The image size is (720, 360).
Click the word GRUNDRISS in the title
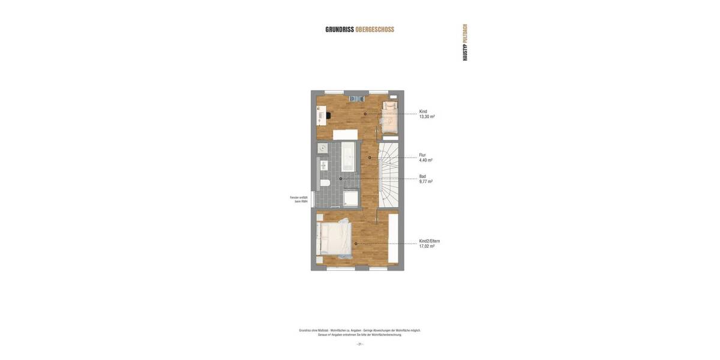tap(340, 29)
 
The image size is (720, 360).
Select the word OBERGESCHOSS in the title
tap(375, 29)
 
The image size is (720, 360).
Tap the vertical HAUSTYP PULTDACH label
tap(465, 43)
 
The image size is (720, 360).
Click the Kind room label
tap(423, 112)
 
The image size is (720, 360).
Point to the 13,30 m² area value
tap(427, 117)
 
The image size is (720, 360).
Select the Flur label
tap(422, 155)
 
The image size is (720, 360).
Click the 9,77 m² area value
tap(425, 181)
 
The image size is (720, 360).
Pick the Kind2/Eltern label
tap(429, 241)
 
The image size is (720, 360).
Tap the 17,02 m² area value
tap(427, 247)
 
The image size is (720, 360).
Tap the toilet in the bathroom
tap(324, 182)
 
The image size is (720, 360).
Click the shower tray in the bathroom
tap(350, 198)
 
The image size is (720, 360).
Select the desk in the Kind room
tap(321, 115)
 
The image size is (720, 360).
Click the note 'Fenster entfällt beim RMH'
tap(299, 199)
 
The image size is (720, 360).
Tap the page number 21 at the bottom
tap(360, 344)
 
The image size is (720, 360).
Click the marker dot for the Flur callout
tap(370, 158)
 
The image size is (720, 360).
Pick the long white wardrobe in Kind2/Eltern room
tap(394, 239)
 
